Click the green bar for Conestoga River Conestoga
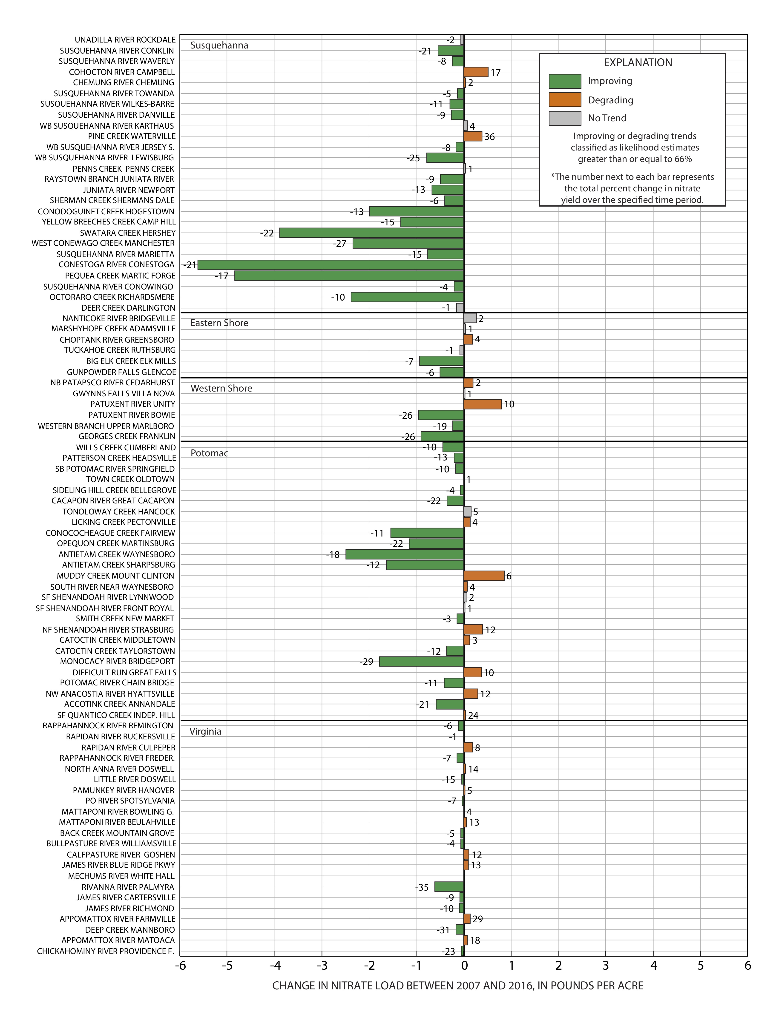tap(331, 265)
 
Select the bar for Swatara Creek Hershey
tap(371, 233)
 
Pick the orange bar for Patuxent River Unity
tap(483, 404)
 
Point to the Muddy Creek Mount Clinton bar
tap(484, 576)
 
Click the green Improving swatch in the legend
tap(565, 81)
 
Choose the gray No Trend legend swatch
tap(565, 118)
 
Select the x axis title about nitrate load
tap(458, 985)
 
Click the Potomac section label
tap(209, 453)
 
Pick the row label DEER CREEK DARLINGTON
tap(128, 308)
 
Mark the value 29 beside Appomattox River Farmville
tap(478, 919)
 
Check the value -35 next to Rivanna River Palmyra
tap(422, 887)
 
